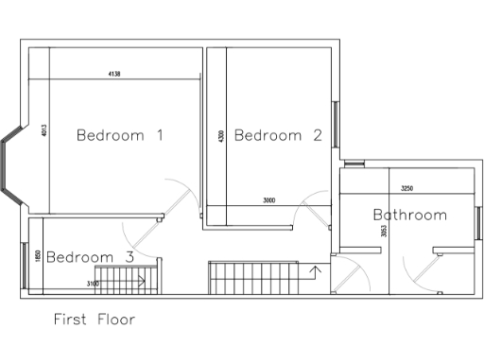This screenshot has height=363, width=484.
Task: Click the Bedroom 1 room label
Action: tap(120, 135)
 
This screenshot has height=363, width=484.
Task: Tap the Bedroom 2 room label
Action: tap(278, 135)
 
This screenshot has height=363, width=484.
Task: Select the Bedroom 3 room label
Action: tap(90, 256)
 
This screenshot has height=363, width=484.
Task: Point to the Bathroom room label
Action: tap(409, 215)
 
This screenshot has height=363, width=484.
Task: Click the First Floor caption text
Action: tap(94, 320)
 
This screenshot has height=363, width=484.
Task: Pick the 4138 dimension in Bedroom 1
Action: tap(114, 74)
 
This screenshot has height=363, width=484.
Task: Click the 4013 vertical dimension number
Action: tap(44, 131)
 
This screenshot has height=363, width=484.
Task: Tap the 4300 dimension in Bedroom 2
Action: tap(220, 136)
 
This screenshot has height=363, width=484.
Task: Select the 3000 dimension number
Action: tap(269, 199)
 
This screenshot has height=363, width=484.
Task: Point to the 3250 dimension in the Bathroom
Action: tap(408, 187)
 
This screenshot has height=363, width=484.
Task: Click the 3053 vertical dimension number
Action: tap(383, 230)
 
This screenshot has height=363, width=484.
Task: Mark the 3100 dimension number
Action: tap(93, 283)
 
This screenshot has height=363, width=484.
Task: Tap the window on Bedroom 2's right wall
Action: tap(333, 123)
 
